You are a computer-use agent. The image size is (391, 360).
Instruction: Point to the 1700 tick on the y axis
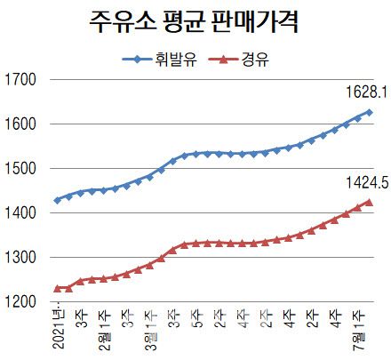pyautogui.click(x=20, y=80)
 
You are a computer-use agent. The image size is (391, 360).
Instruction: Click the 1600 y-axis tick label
pyautogui.click(x=20, y=124)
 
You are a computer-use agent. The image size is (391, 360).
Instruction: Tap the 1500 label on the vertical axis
pyautogui.click(x=20, y=169)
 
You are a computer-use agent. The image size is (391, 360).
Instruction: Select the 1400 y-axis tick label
pyautogui.click(x=20, y=213)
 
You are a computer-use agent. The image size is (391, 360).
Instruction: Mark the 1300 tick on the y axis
pyautogui.click(x=20, y=258)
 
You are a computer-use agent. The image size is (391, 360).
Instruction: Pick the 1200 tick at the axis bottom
pyautogui.click(x=20, y=302)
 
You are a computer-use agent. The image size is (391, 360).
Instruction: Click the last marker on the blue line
pyautogui.click(x=369, y=112)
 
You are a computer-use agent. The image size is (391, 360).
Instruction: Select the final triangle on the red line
pyautogui.click(x=369, y=203)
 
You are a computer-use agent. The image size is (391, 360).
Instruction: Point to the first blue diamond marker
pyautogui.click(x=58, y=200)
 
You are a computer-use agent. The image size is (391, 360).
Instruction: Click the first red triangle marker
pyautogui.click(x=58, y=288)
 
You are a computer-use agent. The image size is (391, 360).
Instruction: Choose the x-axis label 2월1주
pyautogui.click(x=104, y=331)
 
